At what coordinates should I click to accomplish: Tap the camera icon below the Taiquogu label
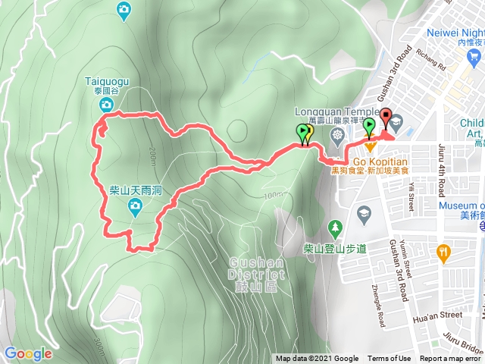pyautogui.click(x=108, y=103)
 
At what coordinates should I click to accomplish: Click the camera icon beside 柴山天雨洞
pyautogui.click(x=133, y=213)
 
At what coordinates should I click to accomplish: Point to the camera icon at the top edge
pyautogui.click(x=124, y=8)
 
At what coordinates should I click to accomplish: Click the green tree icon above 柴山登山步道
pyautogui.click(x=335, y=227)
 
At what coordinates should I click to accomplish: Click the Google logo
pyautogui.click(x=28, y=353)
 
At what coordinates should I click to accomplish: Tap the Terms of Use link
pyautogui.click(x=390, y=359)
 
